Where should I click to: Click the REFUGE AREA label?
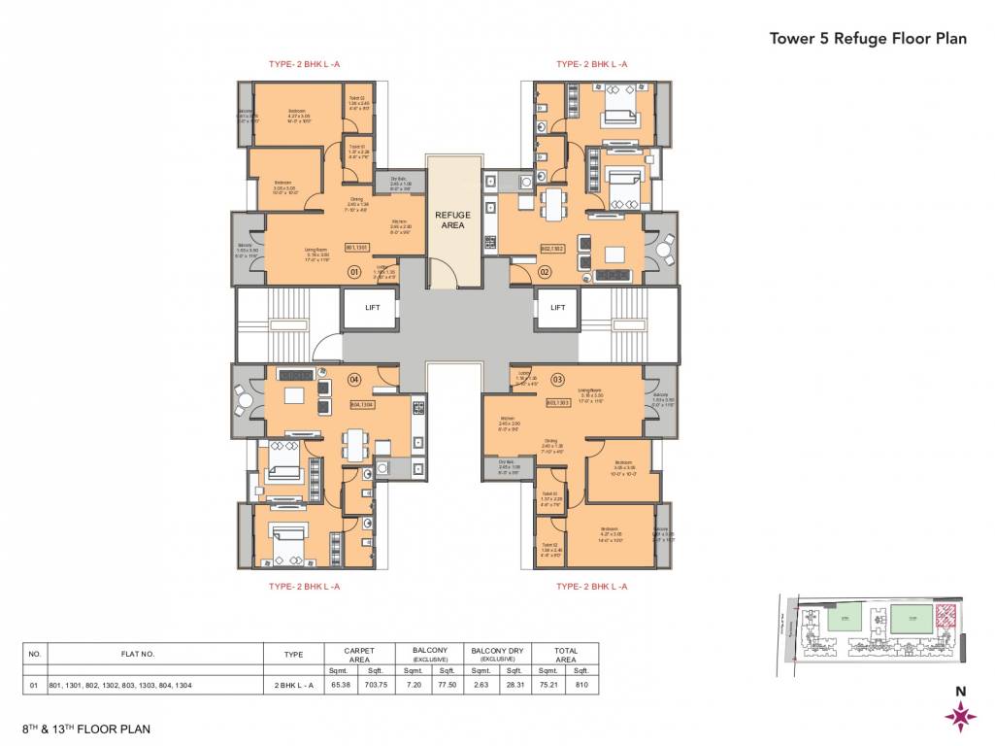[453, 220]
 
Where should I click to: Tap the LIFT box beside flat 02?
[557, 308]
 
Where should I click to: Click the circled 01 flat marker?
[354, 273]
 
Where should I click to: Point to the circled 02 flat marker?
[547, 273]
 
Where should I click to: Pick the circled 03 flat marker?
[557, 378]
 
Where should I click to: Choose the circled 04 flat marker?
[354, 378]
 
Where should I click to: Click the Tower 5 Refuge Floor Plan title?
[868, 39]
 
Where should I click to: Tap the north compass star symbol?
[960, 717]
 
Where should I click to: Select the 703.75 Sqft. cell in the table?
[375, 685]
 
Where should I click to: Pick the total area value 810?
[581, 685]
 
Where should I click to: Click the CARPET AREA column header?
[358, 655]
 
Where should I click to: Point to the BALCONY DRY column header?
[496, 655]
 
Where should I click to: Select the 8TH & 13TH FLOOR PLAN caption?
[87, 728]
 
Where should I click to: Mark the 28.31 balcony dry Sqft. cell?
[514, 685]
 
